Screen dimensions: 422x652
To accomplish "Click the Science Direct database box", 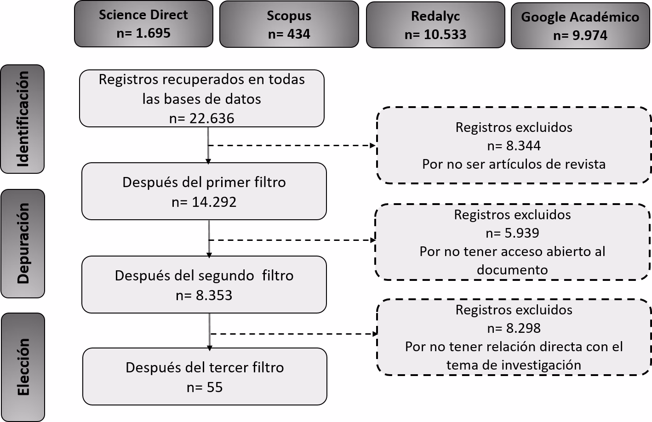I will tap(143, 24).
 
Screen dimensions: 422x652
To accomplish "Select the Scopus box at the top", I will tap(289, 24).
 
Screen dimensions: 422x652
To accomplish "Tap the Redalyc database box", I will tap(435, 25).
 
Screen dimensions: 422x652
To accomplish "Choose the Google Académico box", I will tap(580, 26).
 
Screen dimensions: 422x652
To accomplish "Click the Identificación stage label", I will tap(23, 119).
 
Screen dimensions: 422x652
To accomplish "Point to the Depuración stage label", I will tap(23, 243).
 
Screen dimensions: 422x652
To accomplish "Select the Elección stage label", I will tap(23, 367).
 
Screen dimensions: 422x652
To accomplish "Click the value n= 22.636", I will tap(202, 118).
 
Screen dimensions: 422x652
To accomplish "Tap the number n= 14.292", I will tap(204, 202).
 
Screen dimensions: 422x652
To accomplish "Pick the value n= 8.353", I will tap(204, 295).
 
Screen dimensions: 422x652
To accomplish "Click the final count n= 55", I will tap(205, 387).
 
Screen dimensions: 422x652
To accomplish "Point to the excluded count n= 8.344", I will tap(514, 146).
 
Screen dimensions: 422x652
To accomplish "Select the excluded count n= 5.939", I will tap(512, 233).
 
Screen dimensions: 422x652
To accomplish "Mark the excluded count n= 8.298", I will tap(514, 328).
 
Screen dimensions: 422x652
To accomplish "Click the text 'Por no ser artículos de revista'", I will tap(514, 164).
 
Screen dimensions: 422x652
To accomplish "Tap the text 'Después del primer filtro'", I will tap(204, 182).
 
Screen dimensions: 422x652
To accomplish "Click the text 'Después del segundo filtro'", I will tap(204, 275).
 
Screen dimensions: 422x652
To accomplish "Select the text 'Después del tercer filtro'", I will tap(205, 367).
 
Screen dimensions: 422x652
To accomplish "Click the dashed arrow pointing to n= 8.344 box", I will tap(292, 145).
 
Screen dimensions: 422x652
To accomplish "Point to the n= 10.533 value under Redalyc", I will tap(435, 34).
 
